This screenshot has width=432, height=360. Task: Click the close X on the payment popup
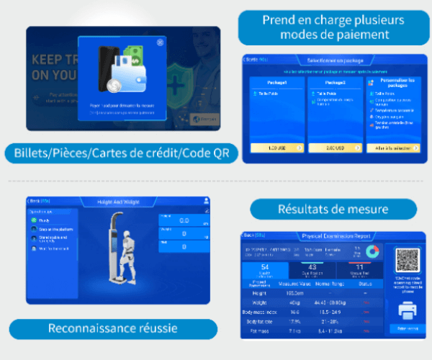(159, 42)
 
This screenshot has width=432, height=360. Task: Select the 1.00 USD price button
(277, 147)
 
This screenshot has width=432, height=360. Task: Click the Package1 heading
(277, 82)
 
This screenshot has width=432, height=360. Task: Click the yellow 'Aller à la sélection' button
(393, 147)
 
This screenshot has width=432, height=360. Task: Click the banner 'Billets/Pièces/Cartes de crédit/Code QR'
(121, 153)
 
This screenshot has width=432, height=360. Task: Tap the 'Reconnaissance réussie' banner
(112, 328)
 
